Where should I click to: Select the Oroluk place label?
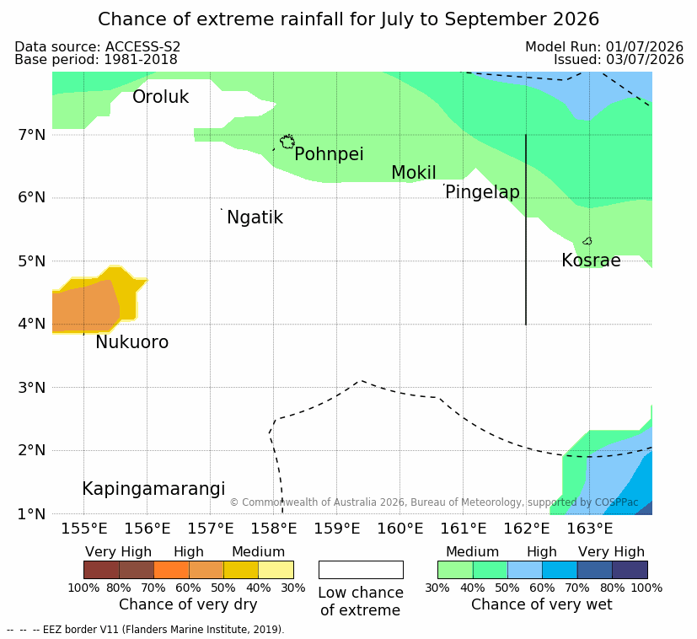click(160, 97)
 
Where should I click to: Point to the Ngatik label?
click(255, 217)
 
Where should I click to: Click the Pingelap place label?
click(482, 192)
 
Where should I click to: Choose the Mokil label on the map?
click(414, 173)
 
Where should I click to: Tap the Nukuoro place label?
click(132, 342)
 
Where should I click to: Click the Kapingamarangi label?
click(153, 489)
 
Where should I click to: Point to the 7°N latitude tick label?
click(32, 135)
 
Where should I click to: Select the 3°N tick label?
click(32, 388)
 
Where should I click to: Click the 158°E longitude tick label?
click(274, 529)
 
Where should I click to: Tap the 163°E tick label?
click(590, 529)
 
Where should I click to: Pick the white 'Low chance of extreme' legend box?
click(361, 570)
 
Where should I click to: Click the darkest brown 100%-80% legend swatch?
click(101, 570)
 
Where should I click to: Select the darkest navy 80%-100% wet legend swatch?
click(630, 570)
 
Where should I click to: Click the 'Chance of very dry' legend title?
click(188, 604)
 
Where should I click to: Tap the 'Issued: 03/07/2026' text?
click(619, 60)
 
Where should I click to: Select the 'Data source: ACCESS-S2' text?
click(98, 47)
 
